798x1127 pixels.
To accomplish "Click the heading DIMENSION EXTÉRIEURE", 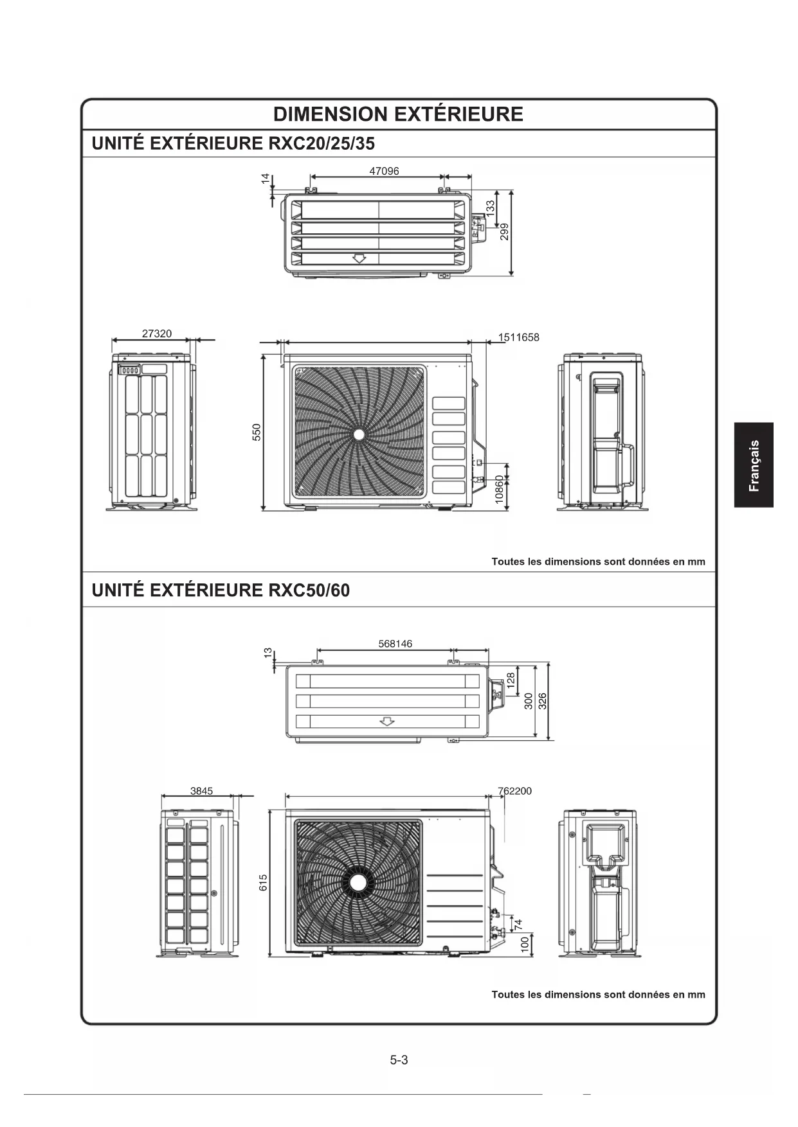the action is pyautogui.click(x=398, y=114).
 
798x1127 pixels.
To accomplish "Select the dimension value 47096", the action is pyautogui.click(x=384, y=171).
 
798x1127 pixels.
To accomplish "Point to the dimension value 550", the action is pyautogui.click(x=256, y=432).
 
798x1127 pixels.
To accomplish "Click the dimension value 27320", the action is pyautogui.click(x=157, y=333).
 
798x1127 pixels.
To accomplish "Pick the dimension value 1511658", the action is pyautogui.click(x=519, y=337).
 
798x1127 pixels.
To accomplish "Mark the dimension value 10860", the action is pyautogui.click(x=500, y=490).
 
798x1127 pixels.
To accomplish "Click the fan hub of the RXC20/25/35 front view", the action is pyautogui.click(x=359, y=434).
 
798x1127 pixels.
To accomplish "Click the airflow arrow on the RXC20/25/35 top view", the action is pyautogui.click(x=359, y=258).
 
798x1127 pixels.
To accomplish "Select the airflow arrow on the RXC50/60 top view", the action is pyautogui.click(x=386, y=721).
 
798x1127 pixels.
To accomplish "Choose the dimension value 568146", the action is pyautogui.click(x=395, y=644).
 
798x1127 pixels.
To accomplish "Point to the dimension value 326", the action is pyautogui.click(x=542, y=700).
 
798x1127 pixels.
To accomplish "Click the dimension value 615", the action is pyautogui.click(x=263, y=882).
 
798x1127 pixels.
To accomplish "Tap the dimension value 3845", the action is pyautogui.click(x=201, y=791).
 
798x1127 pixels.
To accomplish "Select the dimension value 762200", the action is pyautogui.click(x=514, y=791).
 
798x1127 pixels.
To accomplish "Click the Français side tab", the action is pyautogui.click(x=754, y=465).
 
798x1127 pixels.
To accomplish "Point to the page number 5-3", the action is pyautogui.click(x=399, y=1060).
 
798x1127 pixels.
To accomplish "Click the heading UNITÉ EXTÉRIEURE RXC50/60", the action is pyautogui.click(x=221, y=590).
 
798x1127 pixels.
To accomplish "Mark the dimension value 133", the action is pyautogui.click(x=491, y=207).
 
